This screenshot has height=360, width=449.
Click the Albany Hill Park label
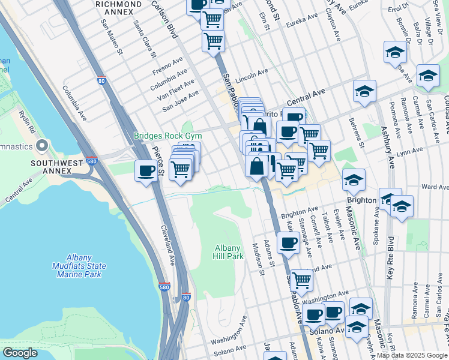[x=229, y=252]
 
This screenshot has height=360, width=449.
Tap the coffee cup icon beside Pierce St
[x=146, y=172]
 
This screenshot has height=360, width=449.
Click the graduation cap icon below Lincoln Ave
[x=364, y=92]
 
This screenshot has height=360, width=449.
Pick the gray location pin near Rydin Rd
[x=42, y=146]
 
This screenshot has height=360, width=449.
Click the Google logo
[x=20, y=353]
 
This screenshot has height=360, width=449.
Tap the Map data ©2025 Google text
[x=412, y=355]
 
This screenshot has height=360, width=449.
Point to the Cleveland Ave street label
[x=167, y=245]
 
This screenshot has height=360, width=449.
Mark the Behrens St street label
[x=357, y=131]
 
